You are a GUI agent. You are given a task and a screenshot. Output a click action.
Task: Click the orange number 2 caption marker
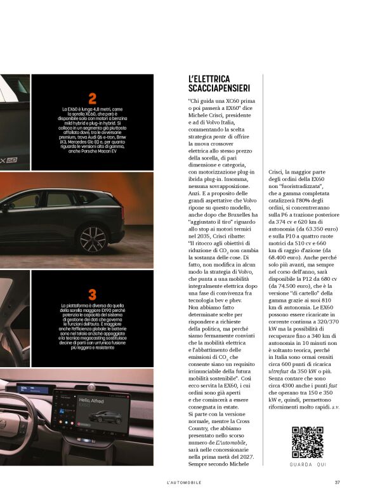coord(93,98)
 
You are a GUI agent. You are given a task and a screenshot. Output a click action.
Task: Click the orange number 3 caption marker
coord(93,294)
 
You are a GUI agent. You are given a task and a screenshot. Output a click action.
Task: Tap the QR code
coord(308,442)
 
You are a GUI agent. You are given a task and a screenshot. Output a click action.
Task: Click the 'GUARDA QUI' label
coord(308,465)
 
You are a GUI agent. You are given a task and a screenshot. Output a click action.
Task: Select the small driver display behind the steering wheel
coord(25,389)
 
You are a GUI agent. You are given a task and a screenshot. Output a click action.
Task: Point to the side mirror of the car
coord(4,206)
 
